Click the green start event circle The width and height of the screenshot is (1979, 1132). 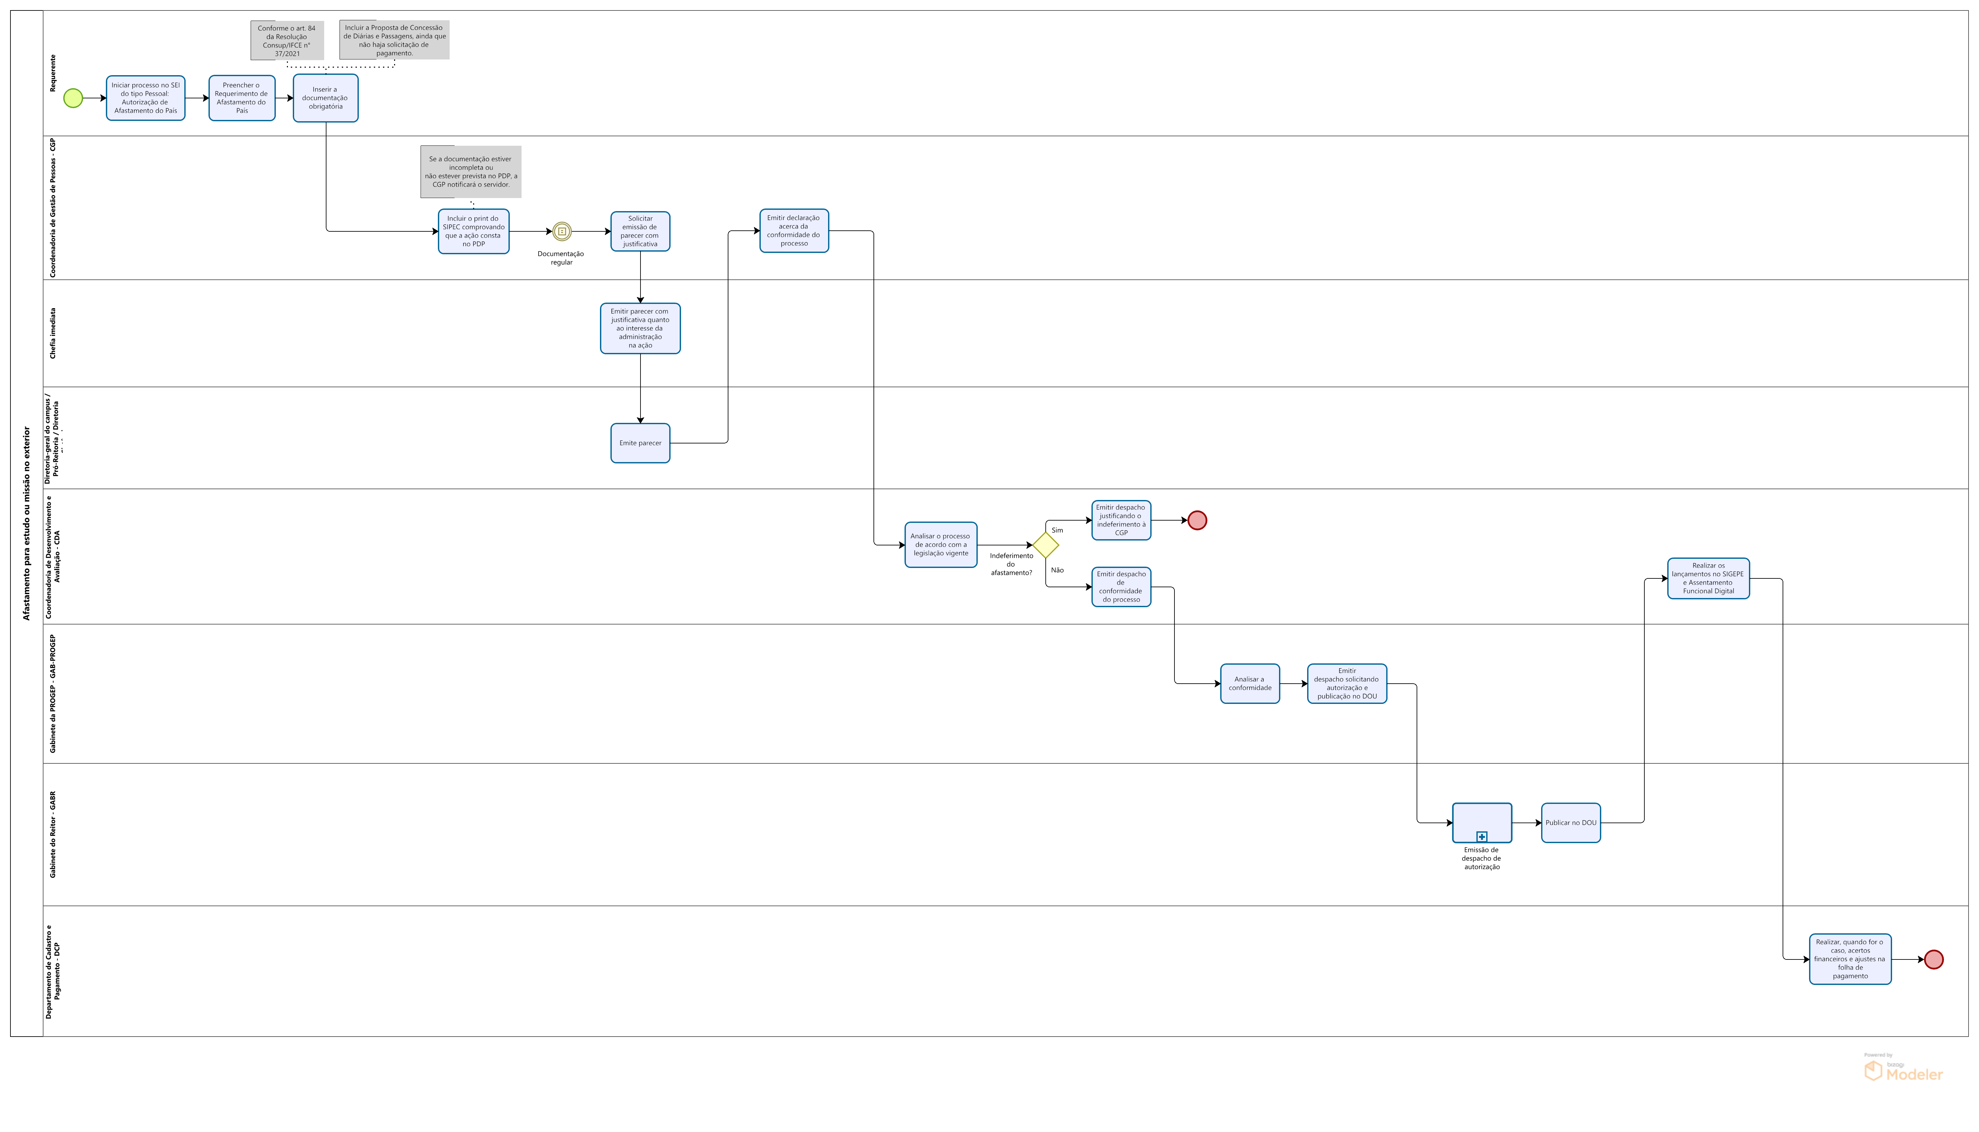[x=73, y=98]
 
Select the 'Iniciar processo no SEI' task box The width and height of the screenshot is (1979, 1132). [x=145, y=98]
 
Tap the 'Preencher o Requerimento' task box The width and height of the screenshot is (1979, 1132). [x=242, y=98]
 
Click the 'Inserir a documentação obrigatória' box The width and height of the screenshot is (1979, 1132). [x=326, y=98]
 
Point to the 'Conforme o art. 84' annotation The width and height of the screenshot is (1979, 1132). [x=287, y=41]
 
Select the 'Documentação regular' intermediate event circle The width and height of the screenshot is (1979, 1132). [x=562, y=232]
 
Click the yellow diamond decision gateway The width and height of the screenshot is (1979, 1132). [x=1045, y=545]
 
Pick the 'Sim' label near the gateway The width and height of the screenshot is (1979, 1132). [x=1057, y=530]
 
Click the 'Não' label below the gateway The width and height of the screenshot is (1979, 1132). [x=1057, y=570]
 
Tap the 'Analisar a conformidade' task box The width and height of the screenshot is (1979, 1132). [x=1250, y=683]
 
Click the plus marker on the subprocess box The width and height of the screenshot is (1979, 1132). [x=1482, y=837]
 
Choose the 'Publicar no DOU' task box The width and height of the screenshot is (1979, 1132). [x=1571, y=823]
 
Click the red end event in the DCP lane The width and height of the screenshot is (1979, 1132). [x=1934, y=959]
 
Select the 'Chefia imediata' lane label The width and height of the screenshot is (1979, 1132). [x=53, y=333]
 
